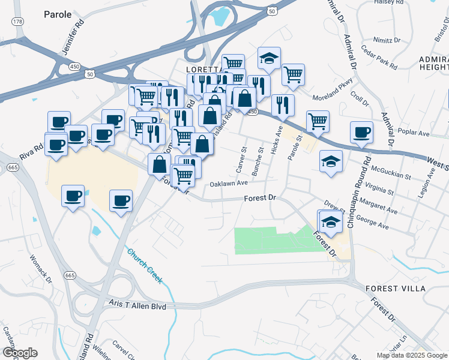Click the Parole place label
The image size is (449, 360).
click(x=58, y=14)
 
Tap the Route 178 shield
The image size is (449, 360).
click(x=18, y=22)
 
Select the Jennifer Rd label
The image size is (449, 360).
click(x=71, y=43)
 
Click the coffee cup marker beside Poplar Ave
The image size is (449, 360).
click(x=361, y=133)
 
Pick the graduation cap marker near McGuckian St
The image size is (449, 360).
click(x=330, y=161)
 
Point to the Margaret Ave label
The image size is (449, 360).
click(x=384, y=211)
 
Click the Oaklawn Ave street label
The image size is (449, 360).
click(x=229, y=183)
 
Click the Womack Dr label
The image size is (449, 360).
click(x=41, y=267)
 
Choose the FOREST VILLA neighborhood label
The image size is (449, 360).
click(x=396, y=289)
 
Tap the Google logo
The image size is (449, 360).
click(x=20, y=353)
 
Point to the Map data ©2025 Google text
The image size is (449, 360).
click(x=412, y=355)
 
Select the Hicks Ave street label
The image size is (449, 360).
click(x=277, y=142)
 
